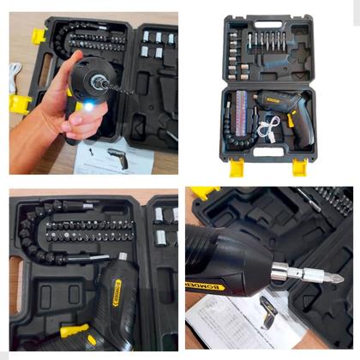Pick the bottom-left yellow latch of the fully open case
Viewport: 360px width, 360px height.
click(236, 166)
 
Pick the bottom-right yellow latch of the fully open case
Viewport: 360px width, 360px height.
click(299, 166)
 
